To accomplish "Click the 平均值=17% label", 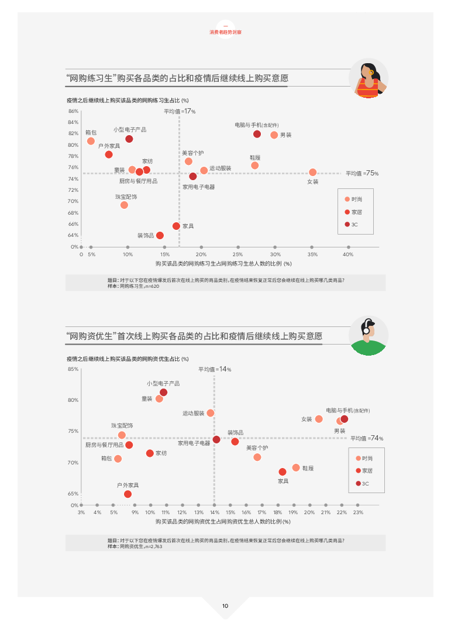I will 180,111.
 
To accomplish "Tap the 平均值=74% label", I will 367,438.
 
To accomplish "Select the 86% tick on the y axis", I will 73,111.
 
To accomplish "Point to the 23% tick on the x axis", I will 359,512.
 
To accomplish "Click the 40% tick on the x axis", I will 348,254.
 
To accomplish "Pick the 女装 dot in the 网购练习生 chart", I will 313,172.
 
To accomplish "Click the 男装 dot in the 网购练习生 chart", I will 274,135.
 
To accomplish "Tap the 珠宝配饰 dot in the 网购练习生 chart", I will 124,205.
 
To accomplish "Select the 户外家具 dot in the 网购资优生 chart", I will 128,494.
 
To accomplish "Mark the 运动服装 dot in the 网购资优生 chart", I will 211,413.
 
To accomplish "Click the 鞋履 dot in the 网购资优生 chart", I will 296,467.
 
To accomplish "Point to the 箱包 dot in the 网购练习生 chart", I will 91,141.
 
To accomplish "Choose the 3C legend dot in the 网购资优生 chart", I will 359,483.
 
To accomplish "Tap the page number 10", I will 225,606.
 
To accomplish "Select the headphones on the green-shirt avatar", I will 366,327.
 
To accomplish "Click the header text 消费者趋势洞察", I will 225,32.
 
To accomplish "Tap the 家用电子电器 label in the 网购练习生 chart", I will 198,187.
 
